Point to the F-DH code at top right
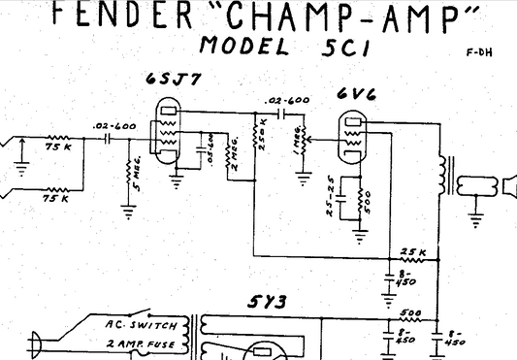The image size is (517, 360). coord(478,54)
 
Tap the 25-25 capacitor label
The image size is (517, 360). coord(334,199)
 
